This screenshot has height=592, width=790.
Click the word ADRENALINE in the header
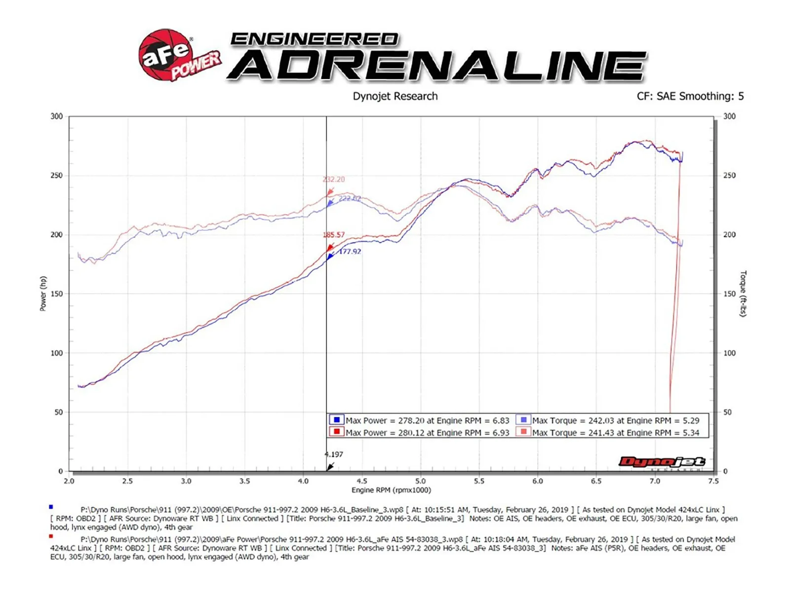[437, 66]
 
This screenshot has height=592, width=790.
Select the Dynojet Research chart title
[395, 96]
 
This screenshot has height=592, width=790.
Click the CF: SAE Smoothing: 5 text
[690, 96]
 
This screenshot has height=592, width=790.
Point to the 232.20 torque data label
[334, 180]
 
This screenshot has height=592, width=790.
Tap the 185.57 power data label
[334, 235]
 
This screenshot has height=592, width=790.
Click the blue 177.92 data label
[350, 252]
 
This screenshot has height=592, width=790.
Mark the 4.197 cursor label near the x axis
[334, 454]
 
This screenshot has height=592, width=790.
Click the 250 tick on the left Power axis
[57, 176]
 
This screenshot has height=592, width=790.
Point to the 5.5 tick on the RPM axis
[479, 481]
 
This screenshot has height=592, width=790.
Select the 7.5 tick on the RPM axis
[713, 481]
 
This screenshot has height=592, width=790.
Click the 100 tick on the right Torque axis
[729, 353]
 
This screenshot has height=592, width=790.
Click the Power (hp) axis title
[43, 294]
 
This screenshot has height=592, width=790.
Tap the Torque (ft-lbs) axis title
[743, 294]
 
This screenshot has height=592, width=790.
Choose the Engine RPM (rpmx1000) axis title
[391, 490]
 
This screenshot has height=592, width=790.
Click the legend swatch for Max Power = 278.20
[337, 420]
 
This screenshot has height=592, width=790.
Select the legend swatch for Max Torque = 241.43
[523, 432]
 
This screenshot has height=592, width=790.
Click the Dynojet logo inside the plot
[662, 462]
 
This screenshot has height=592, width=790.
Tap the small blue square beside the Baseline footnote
[51, 507]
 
